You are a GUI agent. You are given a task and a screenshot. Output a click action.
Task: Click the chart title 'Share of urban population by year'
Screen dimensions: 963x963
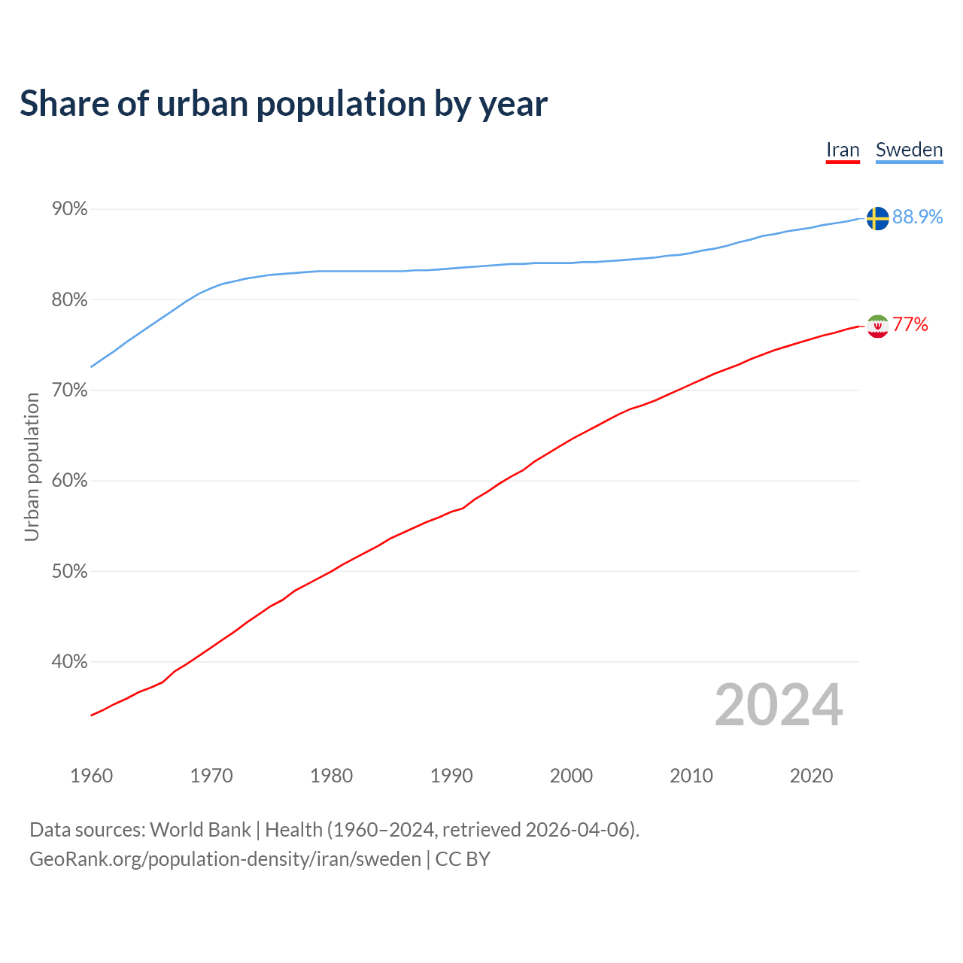[284, 104]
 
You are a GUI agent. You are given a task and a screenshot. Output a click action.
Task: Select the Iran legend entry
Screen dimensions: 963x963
[843, 150]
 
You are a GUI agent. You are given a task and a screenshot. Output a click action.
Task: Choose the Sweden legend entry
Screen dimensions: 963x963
[909, 150]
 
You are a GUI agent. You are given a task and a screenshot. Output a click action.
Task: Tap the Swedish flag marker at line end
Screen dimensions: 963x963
[877, 218]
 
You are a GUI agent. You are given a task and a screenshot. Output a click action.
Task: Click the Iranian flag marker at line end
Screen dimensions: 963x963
[877, 326]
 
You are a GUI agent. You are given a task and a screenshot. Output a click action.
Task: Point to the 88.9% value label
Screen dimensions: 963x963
[917, 217]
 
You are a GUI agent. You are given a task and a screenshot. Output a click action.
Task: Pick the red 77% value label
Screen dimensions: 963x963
[910, 324]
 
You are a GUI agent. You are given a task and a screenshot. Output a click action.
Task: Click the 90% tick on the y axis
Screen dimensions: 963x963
[70, 209]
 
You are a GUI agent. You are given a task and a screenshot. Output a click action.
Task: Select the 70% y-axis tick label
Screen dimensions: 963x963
[70, 390]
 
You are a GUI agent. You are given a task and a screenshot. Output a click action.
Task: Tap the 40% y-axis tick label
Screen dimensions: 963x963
[70, 662]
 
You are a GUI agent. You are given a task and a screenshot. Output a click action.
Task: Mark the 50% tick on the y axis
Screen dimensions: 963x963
[70, 572]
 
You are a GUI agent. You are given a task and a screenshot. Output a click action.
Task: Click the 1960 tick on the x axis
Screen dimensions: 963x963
[91, 776]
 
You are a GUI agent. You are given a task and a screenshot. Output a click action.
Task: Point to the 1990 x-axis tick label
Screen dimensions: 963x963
[451, 776]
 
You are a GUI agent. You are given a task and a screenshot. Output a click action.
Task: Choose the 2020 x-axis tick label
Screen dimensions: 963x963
[811, 776]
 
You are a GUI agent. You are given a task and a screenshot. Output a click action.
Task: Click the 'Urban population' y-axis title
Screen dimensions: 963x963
[32, 466]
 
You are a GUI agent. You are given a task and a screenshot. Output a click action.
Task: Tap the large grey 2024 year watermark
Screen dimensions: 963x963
[779, 705]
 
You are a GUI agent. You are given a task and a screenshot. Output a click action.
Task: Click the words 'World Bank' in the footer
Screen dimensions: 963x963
[200, 830]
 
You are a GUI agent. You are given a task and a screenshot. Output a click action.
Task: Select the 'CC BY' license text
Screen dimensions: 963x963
[463, 859]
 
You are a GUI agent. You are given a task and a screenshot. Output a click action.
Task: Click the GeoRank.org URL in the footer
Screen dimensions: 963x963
[225, 859]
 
